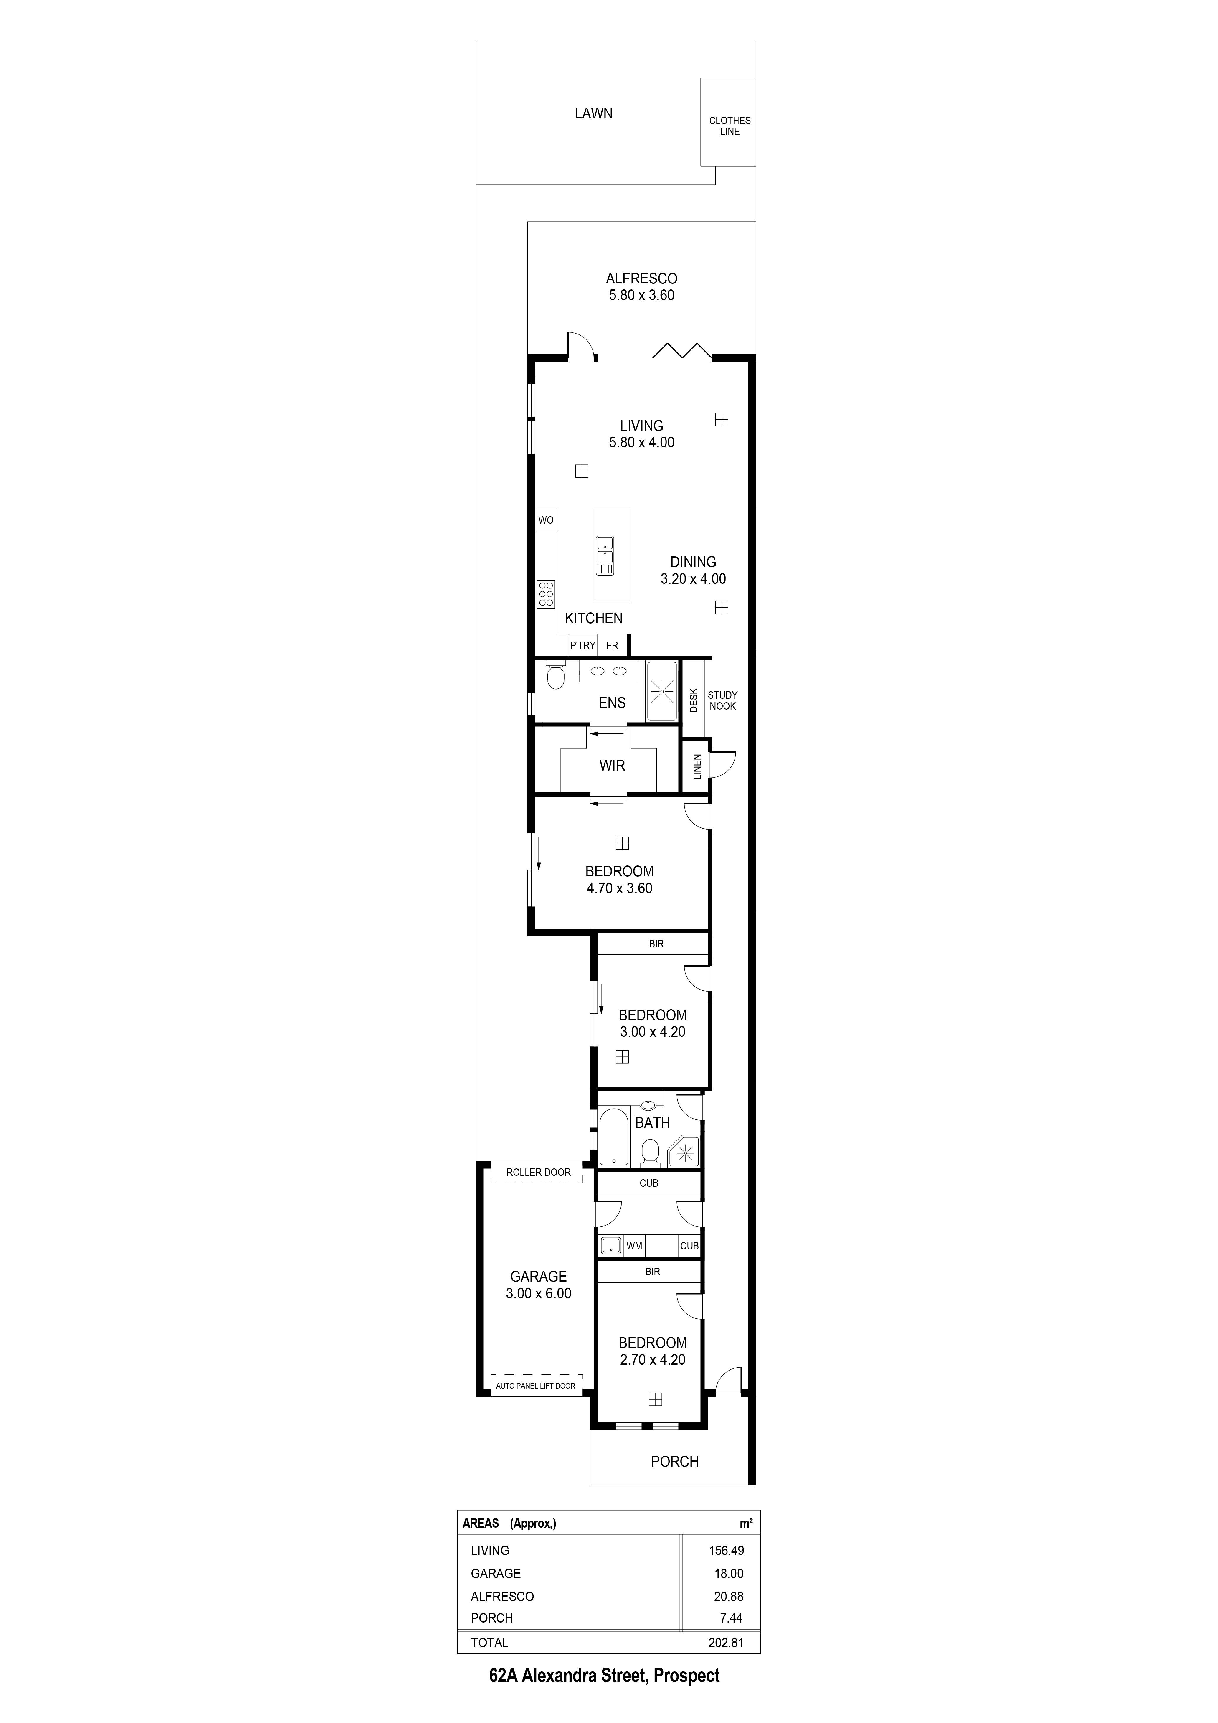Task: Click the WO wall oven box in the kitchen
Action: (x=546, y=520)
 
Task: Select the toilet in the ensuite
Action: (x=555, y=677)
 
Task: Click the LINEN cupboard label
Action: (x=697, y=766)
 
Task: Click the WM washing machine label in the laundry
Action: (x=634, y=1246)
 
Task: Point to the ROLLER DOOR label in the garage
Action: (x=538, y=1172)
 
